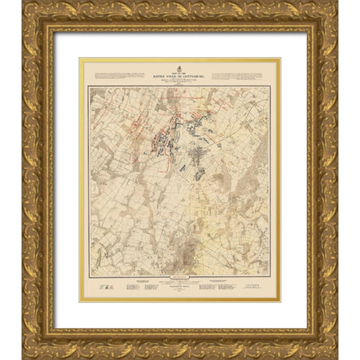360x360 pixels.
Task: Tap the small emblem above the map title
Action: [180, 62]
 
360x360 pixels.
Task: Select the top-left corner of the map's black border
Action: [88, 87]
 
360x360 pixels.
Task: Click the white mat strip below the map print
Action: [180, 315]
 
